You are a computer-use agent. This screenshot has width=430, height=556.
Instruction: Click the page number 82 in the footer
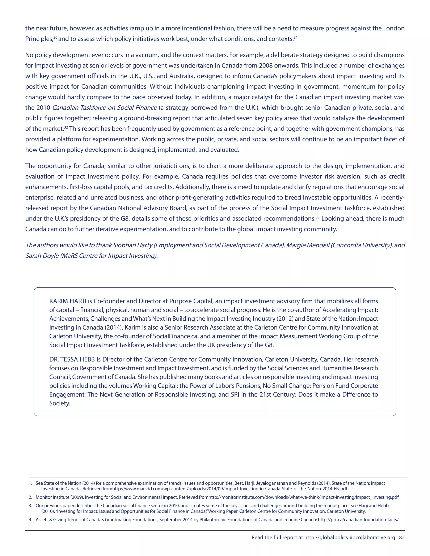402,537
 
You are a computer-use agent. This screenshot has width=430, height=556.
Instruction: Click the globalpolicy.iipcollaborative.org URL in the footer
350,537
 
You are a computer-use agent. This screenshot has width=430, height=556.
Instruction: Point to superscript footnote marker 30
55,37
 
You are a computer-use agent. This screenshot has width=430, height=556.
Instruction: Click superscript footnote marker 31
295,37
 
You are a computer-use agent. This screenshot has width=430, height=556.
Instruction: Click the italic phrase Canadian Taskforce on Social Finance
104,108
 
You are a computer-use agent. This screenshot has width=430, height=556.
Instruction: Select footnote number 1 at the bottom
30,483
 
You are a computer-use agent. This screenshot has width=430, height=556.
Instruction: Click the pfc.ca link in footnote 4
358,519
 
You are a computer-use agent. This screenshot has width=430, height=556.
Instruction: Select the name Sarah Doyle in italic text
42,256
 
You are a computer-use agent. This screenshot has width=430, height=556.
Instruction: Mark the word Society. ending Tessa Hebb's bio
60,403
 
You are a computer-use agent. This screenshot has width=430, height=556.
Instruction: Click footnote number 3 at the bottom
30,506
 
